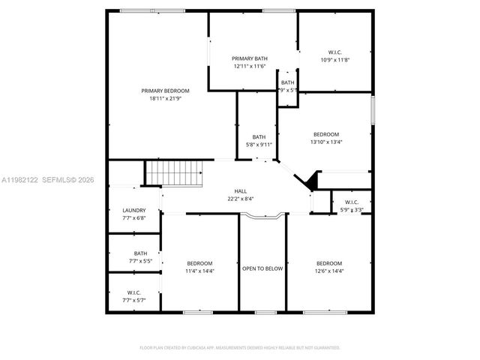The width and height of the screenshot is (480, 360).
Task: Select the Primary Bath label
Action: click(x=250, y=58)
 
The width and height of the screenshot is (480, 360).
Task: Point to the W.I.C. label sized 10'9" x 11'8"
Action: click(x=334, y=52)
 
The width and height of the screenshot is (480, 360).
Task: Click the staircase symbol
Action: click(x=175, y=175)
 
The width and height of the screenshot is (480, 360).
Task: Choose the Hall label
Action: click(x=241, y=191)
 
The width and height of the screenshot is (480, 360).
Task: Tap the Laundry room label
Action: click(x=133, y=211)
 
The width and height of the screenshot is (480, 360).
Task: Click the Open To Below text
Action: click(x=262, y=268)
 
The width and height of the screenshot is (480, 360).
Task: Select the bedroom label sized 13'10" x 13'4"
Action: click(x=326, y=134)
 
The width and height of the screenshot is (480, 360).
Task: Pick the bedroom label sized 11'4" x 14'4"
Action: click(x=199, y=263)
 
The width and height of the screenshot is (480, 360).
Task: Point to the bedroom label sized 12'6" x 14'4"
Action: click(x=329, y=263)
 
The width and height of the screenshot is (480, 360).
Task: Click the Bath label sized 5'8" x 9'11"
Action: click(x=259, y=136)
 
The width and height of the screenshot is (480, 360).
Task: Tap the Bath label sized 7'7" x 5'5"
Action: click(x=140, y=253)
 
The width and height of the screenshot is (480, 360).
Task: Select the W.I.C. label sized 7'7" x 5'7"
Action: click(x=133, y=292)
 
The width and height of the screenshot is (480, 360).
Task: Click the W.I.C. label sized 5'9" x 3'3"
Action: click(x=352, y=202)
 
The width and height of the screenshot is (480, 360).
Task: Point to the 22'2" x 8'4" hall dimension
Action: click(x=241, y=199)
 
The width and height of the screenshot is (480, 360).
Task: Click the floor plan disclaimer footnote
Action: click(x=240, y=348)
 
